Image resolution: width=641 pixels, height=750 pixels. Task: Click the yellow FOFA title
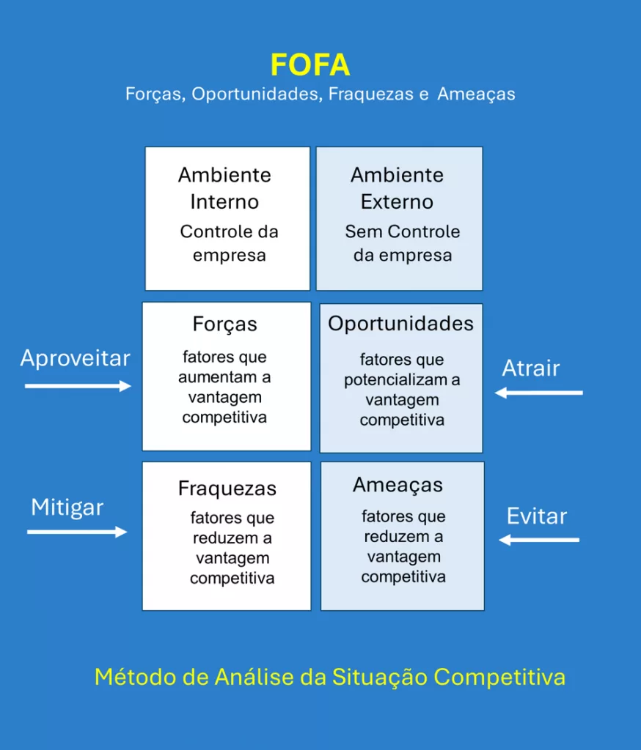coord(310,64)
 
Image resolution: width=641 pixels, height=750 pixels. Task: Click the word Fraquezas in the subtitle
coord(371,94)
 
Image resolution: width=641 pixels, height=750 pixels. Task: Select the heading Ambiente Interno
coord(224,188)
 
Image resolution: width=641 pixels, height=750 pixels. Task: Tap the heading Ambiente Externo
coord(398,188)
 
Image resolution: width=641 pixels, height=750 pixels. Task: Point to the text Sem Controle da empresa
coord(403,243)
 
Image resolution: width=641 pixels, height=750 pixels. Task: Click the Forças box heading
coord(224,324)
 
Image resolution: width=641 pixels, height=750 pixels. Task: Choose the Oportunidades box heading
coord(401,324)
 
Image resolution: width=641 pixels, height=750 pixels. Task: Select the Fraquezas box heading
coord(227,489)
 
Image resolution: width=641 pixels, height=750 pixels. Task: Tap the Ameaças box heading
coord(398,486)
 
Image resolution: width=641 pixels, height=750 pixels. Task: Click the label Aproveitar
coord(76,359)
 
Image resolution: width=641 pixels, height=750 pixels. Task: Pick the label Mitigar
coord(67,508)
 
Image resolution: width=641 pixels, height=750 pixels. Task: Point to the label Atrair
coord(531,368)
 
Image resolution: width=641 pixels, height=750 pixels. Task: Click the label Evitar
coord(537,516)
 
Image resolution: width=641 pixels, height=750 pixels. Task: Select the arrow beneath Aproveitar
coord(78,386)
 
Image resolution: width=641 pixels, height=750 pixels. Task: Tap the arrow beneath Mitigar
coord(77,532)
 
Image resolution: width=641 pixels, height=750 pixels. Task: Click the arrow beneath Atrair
coord(538,393)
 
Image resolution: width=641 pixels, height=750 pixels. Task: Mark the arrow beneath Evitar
coord(539,540)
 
